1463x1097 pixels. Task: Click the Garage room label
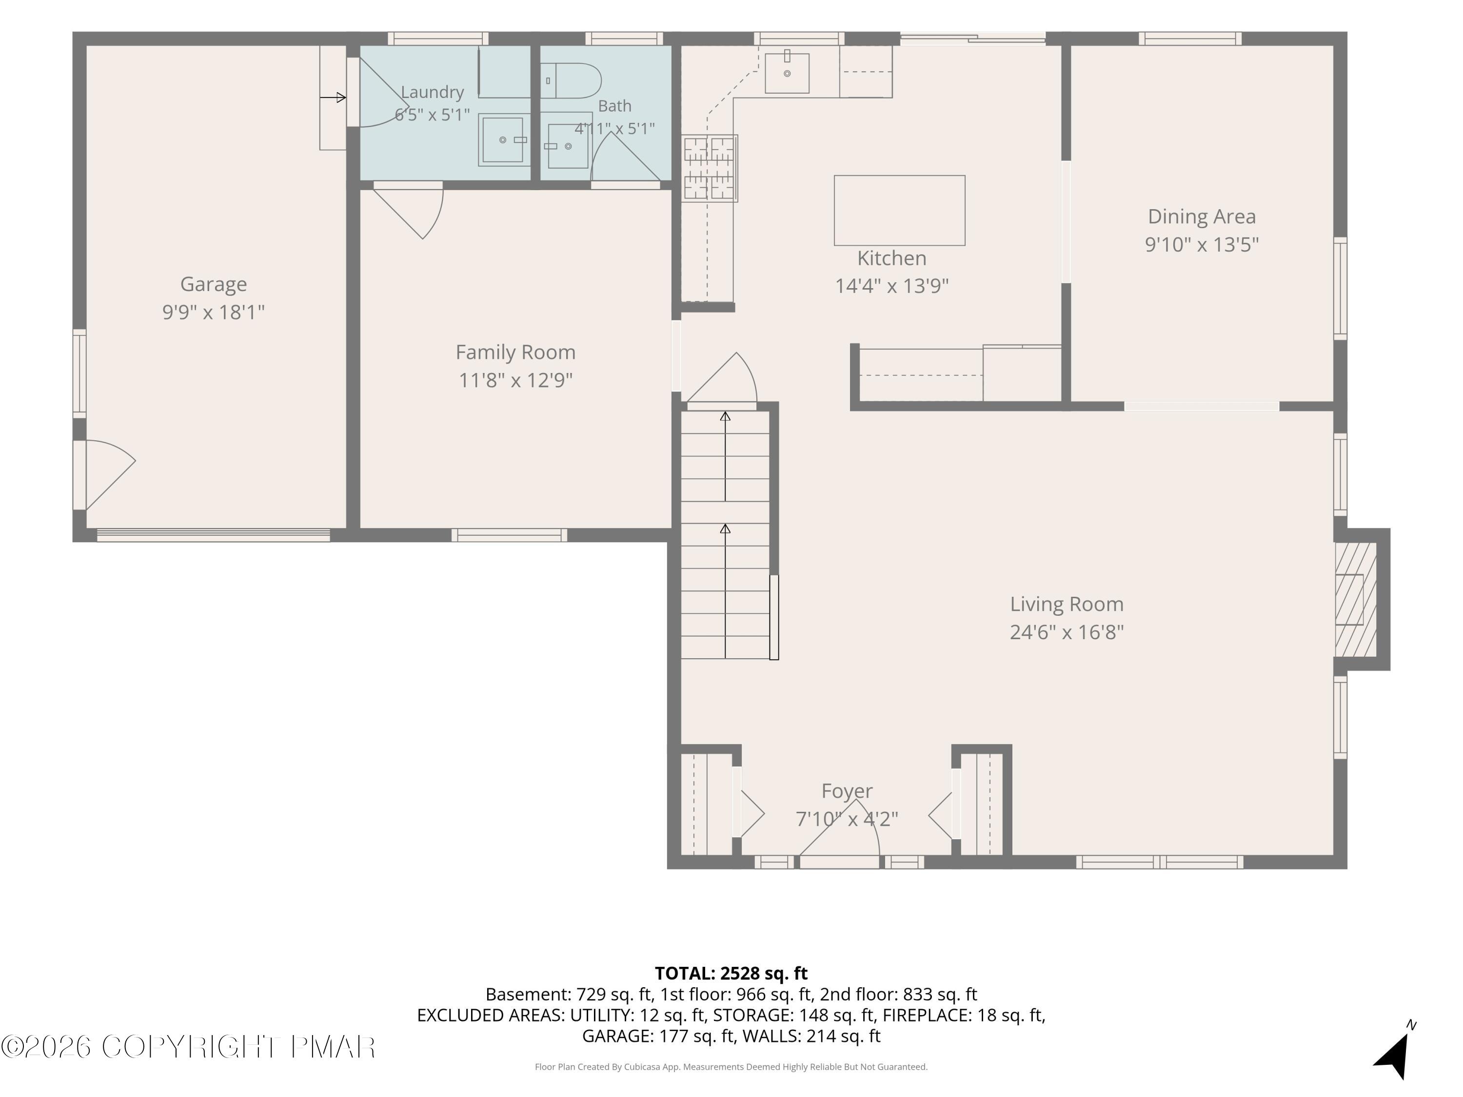[x=214, y=284]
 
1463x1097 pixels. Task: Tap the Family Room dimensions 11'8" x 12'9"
[x=516, y=380]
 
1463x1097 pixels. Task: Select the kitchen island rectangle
[x=899, y=210]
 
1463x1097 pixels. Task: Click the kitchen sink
[x=787, y=73]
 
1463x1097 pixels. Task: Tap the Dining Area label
[x=1201, y=216]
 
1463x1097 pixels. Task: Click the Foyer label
[x=847, y=791]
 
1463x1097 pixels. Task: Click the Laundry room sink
[x=504, y=139]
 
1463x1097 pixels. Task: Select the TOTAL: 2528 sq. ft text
[x=731, y=973]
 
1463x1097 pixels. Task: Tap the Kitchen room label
[x=891, y=258]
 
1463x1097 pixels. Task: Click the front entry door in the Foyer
[x=839, y=833]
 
